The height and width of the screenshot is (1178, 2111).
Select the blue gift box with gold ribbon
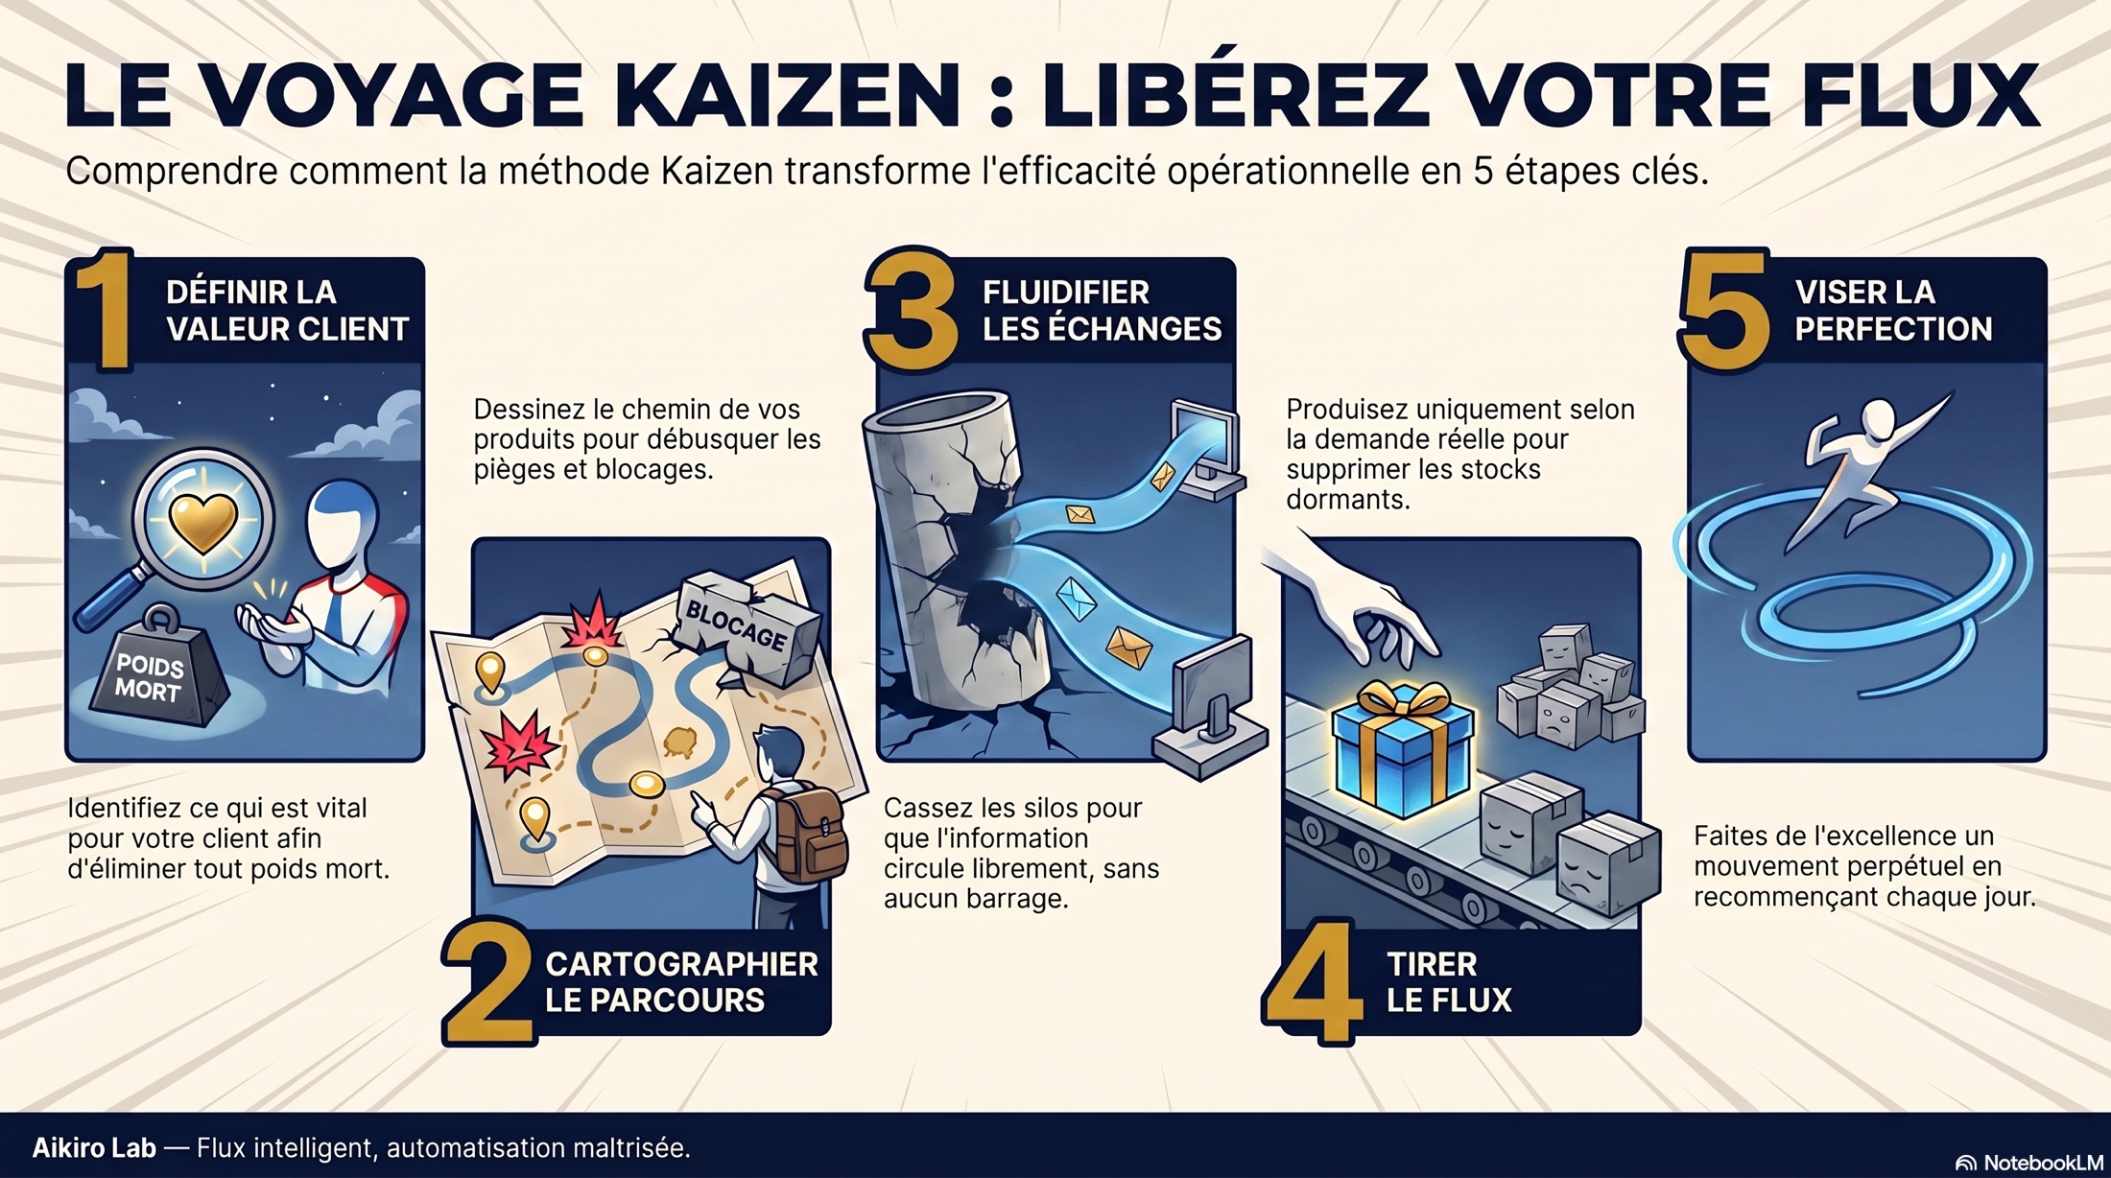[1402, 748]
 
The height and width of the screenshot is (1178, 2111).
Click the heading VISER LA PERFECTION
[1893, 310]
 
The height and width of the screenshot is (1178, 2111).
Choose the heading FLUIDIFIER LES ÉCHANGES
[1102, 310]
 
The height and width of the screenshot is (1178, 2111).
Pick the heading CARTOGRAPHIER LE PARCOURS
[681, 981]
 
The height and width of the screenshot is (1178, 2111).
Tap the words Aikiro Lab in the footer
[94, 1147]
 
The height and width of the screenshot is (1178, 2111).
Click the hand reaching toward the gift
[1353, 604]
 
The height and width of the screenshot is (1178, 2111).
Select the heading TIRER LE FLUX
[1449, 981]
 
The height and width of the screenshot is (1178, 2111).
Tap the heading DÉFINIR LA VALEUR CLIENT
[287, 310]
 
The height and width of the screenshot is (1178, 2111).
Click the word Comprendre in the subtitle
[172, 172]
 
